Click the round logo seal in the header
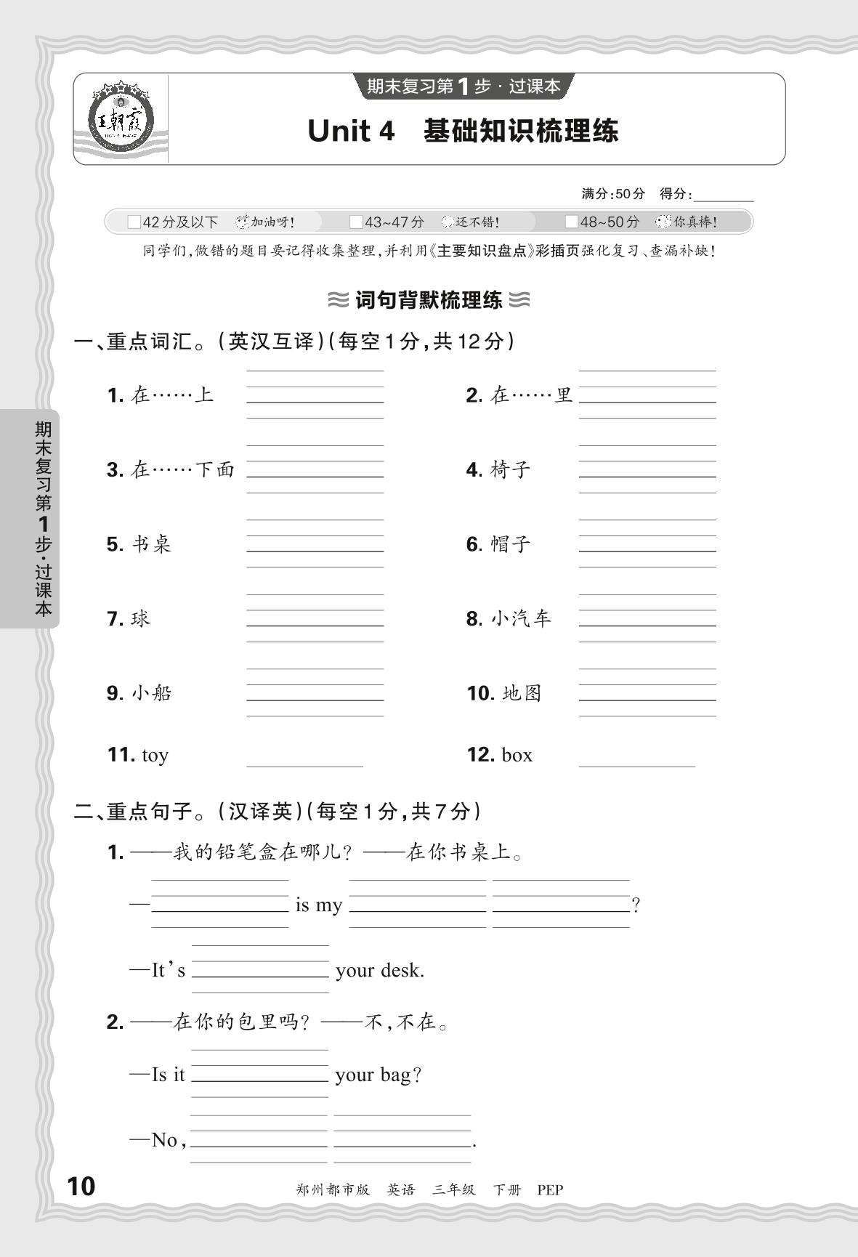[x=121, y=117]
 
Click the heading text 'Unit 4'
[x=351, y=131]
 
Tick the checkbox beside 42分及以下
[x=134, y=222]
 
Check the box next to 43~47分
[x=356, y=222]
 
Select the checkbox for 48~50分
[x=572, y=222]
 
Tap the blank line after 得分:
[x=724, y=195]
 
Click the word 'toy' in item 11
[x=155, y=756]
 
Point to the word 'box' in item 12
[x=517, y=756]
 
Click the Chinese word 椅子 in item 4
[x=511, y=470]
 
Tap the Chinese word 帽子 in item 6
[x=511, y=544]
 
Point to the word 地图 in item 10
[x=522, y=693]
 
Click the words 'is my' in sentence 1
[x=319, y=905]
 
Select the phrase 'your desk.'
[x=380, y=971]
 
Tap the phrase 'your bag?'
[x=379, y=1075]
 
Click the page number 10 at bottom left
[x=81, y=1187]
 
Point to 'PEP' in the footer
[x=550, y=1189]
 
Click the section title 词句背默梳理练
[x=429, y=300]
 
